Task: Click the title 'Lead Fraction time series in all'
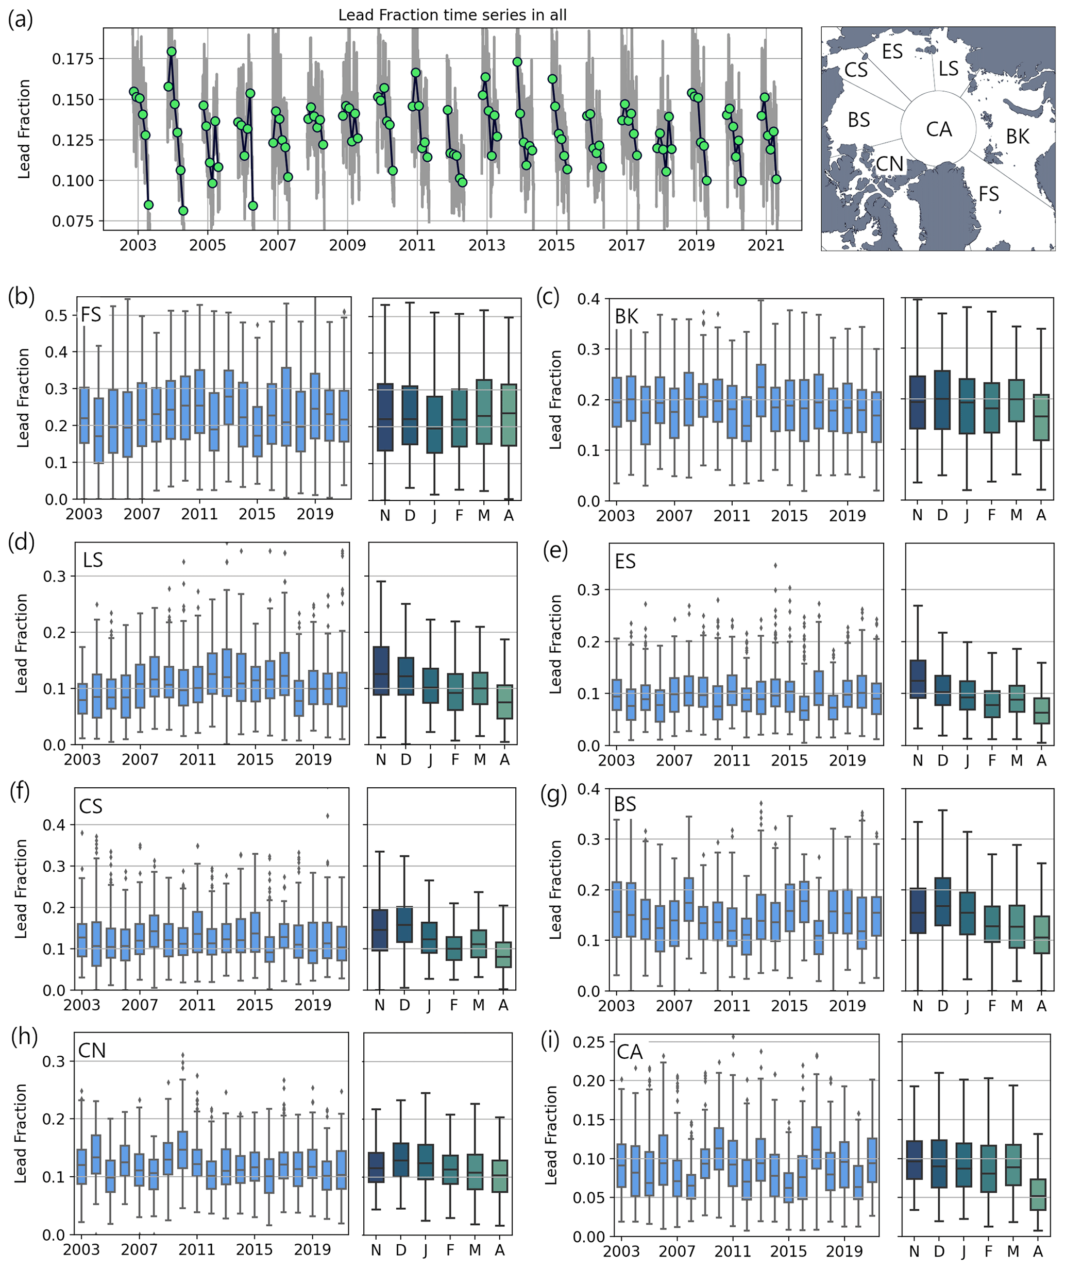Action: click(x=452, y=15)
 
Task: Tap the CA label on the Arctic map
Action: click(x=939, y=129)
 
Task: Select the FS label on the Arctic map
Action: click(x=989, y=194)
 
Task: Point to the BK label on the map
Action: click(x=1018, y=137)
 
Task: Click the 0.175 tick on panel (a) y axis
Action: click(x=73, y=59)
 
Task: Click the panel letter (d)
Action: click(x=22, y=543)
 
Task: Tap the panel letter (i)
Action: click(x=551, y=1041)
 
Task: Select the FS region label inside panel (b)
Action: click(x=91, y=315)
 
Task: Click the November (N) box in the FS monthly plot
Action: click(x=385, y=417)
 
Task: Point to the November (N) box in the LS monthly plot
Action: click(x=381, y=671)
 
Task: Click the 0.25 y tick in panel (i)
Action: click(x=588, y=1042)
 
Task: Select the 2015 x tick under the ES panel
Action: click(x=789, y=760)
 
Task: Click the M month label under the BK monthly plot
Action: click(x=1016, y=515)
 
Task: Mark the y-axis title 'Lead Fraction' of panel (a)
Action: click(x=24, y=129)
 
